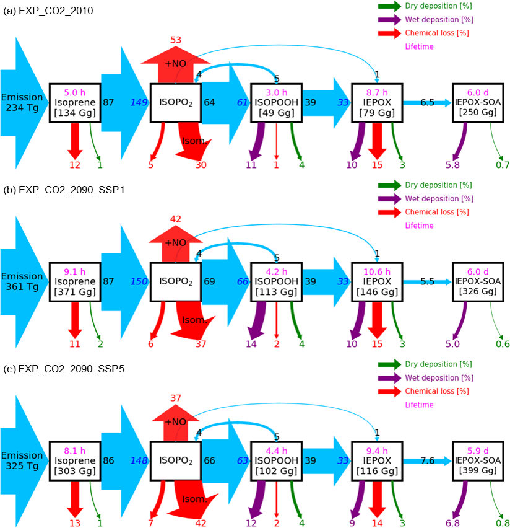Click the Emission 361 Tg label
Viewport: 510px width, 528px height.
pos(22,281)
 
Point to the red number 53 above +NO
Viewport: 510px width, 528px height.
pos(176,40)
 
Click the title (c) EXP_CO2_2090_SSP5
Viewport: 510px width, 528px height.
pos(64,369)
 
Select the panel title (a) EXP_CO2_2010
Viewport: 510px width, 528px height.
pos(48,11)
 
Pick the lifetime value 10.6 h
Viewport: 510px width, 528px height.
pos(377,271)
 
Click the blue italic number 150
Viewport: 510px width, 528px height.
pos(139,281)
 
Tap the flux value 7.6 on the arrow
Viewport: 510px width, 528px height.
pos(427,460)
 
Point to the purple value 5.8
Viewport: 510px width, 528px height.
pos(452,165)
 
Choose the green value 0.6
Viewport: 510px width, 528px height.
pos(503,344)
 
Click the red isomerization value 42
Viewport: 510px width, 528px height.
pos(201,523)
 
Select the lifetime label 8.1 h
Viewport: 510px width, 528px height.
pos(75,451)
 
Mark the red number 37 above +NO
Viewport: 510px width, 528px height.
pos(176,398)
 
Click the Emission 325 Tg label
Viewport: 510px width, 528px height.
pos(22,460)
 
